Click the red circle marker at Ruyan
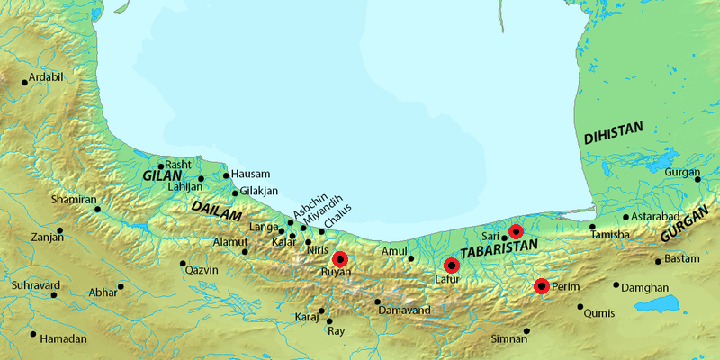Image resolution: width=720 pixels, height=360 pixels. point(338,258)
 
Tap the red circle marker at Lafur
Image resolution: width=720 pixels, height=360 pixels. point(452,265)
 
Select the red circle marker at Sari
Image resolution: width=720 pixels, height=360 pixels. point(515,231)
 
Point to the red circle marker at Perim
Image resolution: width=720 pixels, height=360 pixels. point(541,286)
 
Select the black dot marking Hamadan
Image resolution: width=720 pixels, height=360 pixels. point(33,334)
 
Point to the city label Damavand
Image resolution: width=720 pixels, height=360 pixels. point(405,310)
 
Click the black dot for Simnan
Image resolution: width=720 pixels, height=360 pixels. point(526,330)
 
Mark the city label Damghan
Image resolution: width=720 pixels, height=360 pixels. point(646,287)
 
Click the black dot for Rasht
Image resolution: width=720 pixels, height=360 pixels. point(161,166)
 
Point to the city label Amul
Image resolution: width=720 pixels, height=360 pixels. point(395,251)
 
